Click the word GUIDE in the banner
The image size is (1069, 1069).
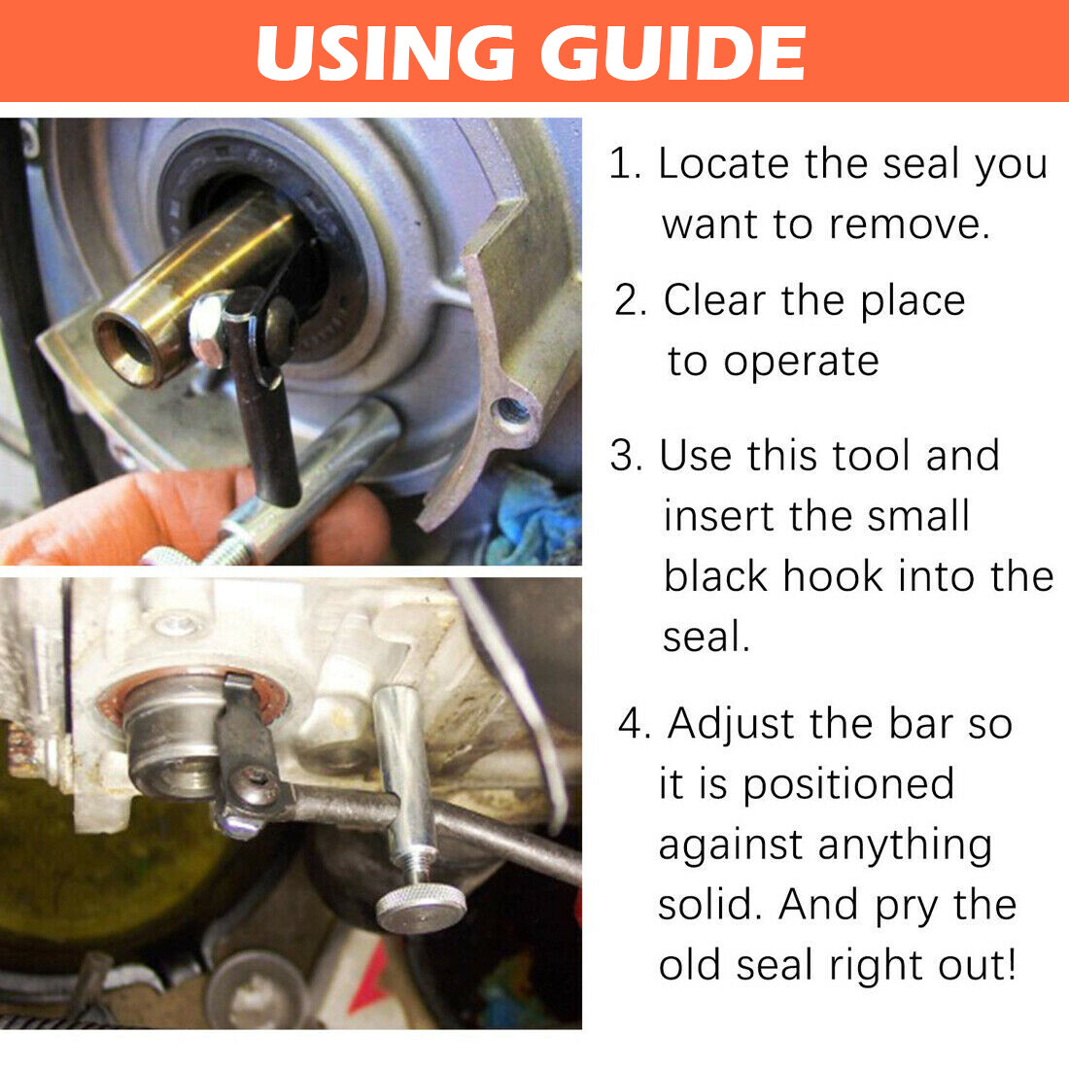673,52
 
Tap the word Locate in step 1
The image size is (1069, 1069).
723,163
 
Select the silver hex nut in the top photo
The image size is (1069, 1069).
207,329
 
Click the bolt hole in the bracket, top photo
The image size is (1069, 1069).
511,412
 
